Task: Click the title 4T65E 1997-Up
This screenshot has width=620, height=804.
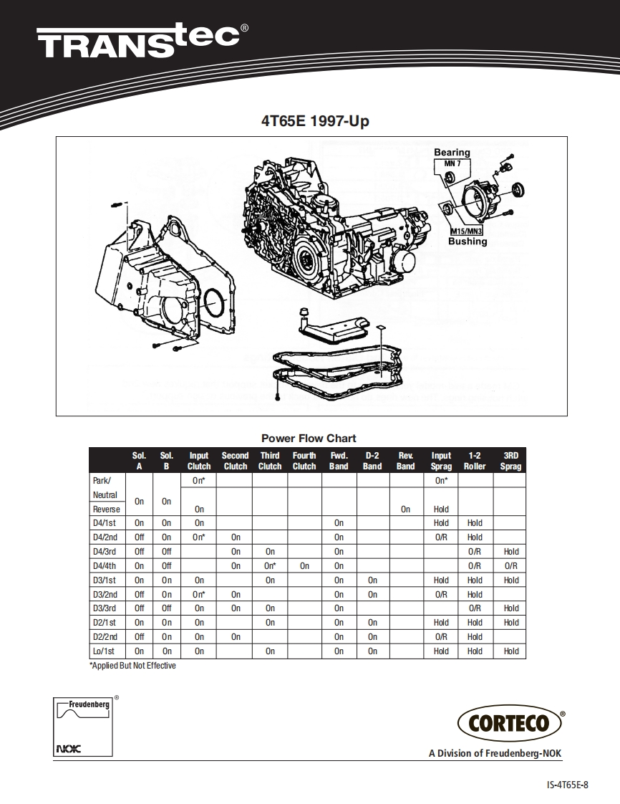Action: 315,122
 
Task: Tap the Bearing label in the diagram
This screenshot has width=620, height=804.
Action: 452,152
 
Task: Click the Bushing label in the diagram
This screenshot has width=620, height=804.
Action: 468,241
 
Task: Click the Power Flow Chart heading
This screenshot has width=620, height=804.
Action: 309,439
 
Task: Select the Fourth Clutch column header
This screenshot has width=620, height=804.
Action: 304,461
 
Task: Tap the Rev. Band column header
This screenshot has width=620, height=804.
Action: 406,461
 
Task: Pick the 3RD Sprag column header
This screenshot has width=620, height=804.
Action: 510,461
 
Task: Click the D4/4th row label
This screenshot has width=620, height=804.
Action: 105,566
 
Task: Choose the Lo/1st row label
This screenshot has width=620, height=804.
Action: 104,651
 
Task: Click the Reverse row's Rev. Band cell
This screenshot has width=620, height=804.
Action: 406,509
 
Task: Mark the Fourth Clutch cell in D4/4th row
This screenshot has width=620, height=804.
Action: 304,566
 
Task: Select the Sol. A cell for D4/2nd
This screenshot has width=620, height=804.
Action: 140,537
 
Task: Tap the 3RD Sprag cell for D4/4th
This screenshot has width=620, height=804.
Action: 510,566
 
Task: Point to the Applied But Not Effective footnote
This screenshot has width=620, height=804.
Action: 132,666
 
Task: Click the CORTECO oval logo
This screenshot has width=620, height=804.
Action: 510,722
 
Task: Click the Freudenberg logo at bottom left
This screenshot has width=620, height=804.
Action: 83,724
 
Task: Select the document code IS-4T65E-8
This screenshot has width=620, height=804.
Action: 567,785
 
